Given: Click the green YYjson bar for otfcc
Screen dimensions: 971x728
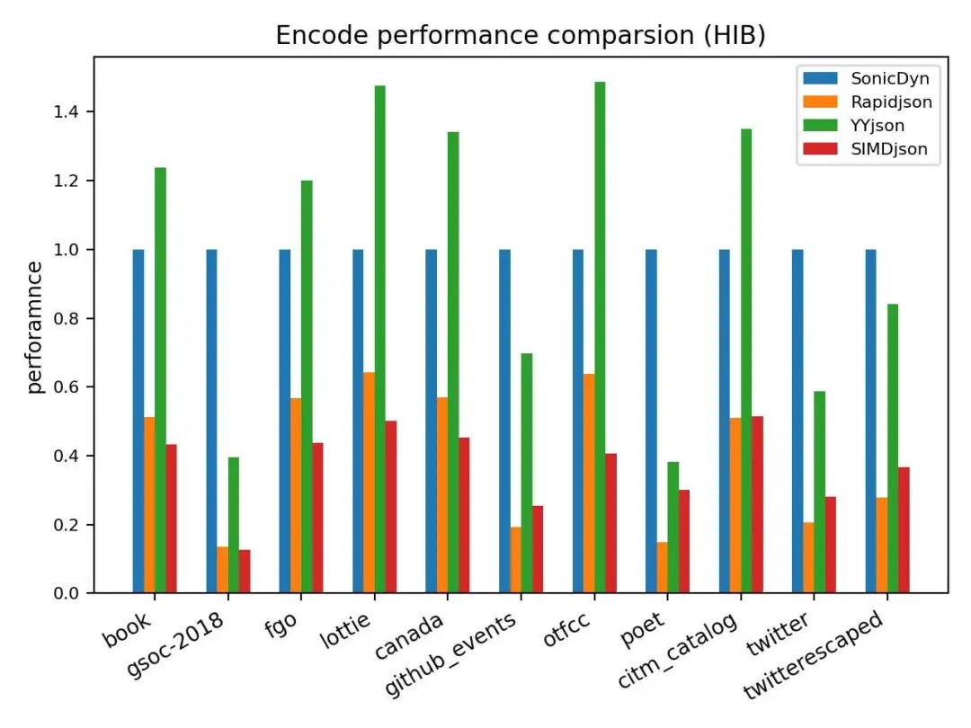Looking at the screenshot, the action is coord(600,337).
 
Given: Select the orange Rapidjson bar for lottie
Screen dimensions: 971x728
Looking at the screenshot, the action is coord(370,483).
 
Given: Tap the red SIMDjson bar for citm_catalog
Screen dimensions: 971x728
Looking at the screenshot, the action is coord(757,504).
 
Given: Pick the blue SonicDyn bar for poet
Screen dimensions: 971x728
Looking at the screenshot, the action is coord(651,421).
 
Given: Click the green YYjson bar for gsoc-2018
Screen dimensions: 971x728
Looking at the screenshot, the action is coord(234,525).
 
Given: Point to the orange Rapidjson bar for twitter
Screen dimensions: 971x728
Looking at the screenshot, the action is coord(809,558).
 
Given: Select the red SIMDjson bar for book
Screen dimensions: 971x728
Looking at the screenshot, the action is coord(172,519).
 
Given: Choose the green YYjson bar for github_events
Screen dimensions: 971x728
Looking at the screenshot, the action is coord(526,473).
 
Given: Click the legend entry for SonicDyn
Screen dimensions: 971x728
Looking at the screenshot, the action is coord(867,78).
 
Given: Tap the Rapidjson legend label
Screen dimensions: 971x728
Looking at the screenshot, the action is coord(891,102).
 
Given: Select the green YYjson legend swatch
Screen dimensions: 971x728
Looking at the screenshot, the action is coord(820,125).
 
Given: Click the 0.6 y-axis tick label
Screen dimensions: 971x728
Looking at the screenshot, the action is coord(66,386).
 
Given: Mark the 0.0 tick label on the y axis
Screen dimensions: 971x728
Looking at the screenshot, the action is coord(66,594).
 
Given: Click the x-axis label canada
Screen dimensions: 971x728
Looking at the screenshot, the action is coord(409,635).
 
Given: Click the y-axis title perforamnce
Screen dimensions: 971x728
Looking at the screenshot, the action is coord(35,327).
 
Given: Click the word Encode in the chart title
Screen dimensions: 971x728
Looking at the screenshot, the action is coord(322,35).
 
